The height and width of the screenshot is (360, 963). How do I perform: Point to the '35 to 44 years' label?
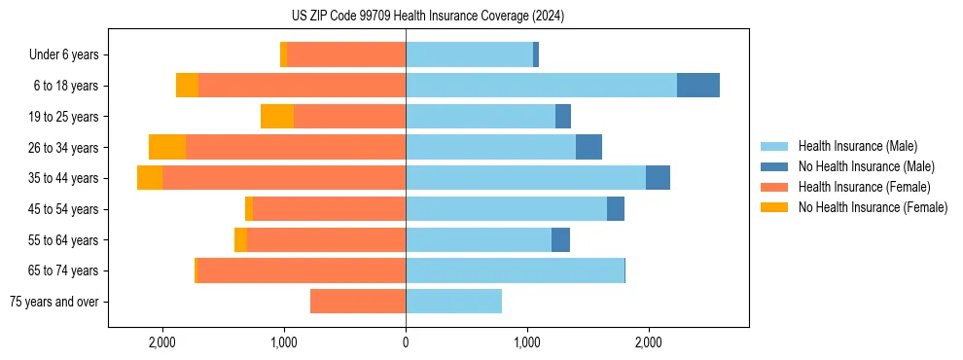tap(64, 178)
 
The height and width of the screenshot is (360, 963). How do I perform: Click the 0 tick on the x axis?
tap(406, 342)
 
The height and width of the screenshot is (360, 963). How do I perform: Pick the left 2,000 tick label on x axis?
tap(161, 342)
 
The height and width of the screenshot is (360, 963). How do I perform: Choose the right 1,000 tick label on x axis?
tap(527, 342)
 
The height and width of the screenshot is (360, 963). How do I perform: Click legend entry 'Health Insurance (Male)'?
tap(857, 146)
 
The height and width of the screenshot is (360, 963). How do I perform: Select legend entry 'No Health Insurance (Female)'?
tap(873, 207)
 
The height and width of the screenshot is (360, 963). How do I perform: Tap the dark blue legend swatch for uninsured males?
tap(775, 166)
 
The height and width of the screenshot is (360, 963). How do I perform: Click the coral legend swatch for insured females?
tap(775, 187)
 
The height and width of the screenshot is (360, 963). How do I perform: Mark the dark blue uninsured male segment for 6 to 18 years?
tap(697, 86)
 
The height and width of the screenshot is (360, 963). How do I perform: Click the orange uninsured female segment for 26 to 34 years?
tap(167, 147)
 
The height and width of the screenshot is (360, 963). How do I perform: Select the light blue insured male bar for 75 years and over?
tap(453, 302)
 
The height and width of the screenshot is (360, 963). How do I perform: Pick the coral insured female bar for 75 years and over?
tap(358, 302)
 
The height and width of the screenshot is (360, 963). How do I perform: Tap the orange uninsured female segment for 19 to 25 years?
tap(277, 117)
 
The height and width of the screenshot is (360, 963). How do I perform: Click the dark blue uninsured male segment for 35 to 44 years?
tap(658, 178)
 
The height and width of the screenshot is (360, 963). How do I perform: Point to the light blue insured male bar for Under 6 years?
tap(469, 55)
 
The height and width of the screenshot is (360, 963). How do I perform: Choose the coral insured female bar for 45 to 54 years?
tap(329, 209)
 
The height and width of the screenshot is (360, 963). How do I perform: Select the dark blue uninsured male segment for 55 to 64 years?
tap(560, 240)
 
